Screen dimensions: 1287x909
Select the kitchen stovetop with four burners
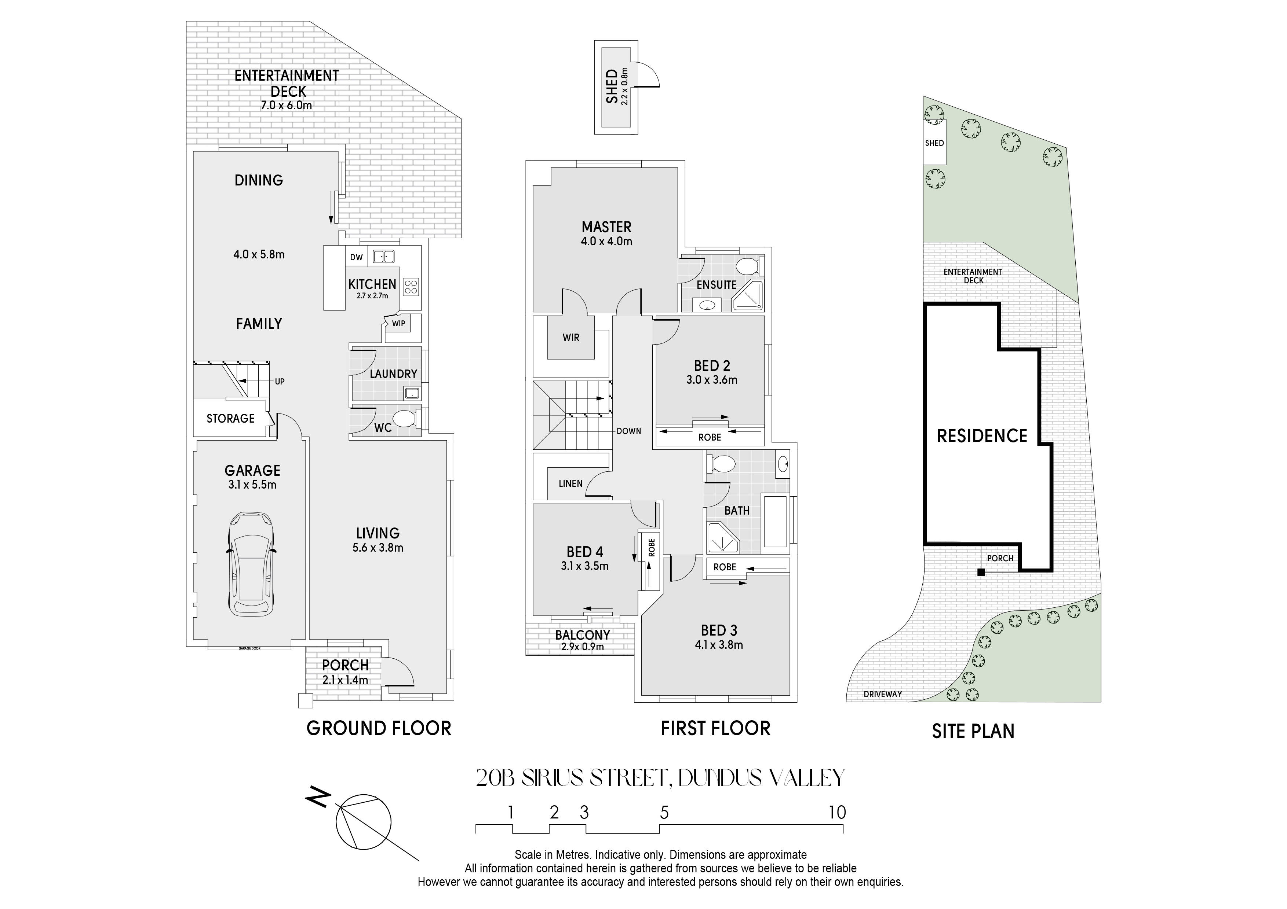coord(411,287)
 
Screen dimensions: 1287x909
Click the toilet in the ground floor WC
coord(405,418)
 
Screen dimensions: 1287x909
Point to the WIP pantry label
coord(398,323)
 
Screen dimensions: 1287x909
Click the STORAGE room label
coord(230,418)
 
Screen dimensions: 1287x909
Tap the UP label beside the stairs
coord(280,382)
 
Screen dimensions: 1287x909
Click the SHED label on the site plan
coord(934,143)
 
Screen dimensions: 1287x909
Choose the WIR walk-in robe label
coord(571,338)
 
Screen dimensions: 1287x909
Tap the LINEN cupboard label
coord(570,483)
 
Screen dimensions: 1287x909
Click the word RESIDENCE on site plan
coord(982,436)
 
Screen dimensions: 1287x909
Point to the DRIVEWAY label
coord(883,694)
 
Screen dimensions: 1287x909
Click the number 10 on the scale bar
coord(838,813)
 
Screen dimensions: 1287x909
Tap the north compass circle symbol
coord(363,822)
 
